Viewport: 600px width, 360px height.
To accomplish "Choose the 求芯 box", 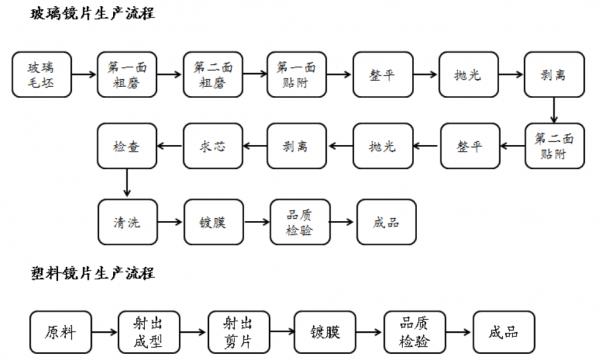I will click(211, 146).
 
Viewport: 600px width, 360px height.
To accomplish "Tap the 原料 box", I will click(58, 329).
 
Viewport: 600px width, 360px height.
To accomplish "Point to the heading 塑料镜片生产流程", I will click(79, 272).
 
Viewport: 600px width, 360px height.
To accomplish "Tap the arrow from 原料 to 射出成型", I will click(103, 329).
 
